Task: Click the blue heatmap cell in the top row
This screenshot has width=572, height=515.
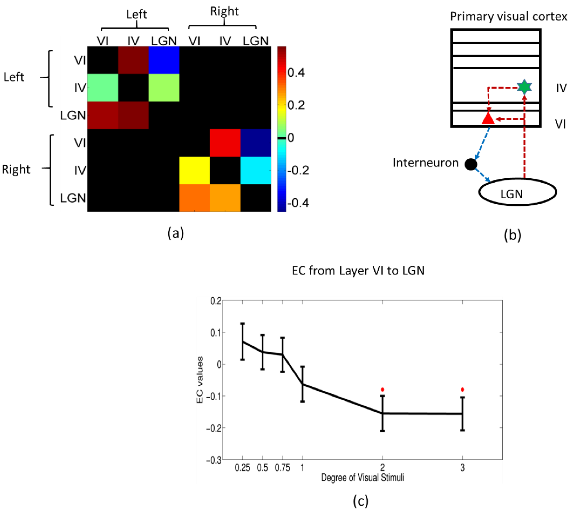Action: tap(164, 60)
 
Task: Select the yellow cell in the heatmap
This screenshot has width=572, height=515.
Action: tap(194, 170)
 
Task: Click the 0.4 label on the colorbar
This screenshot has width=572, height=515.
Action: tap(296, 73)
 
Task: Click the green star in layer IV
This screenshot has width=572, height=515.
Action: tap(524, 87)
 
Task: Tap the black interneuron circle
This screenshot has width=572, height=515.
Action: tap(471, 164)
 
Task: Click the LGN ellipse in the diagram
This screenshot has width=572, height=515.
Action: tap(517, 192)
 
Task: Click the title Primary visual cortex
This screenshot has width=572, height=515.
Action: tap(508, 16)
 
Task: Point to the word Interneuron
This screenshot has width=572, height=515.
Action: tap(425, 163)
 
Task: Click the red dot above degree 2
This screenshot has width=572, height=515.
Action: tap(383, 390)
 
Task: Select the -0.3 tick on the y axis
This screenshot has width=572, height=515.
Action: tap(214, 460)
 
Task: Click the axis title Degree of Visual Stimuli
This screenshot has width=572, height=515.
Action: tap(362, 478)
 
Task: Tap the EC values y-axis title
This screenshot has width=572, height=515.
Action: tap(200, 380)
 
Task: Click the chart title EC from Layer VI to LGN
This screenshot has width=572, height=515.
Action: tap(358, 271)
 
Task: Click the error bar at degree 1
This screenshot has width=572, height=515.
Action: tap(302, 384)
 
